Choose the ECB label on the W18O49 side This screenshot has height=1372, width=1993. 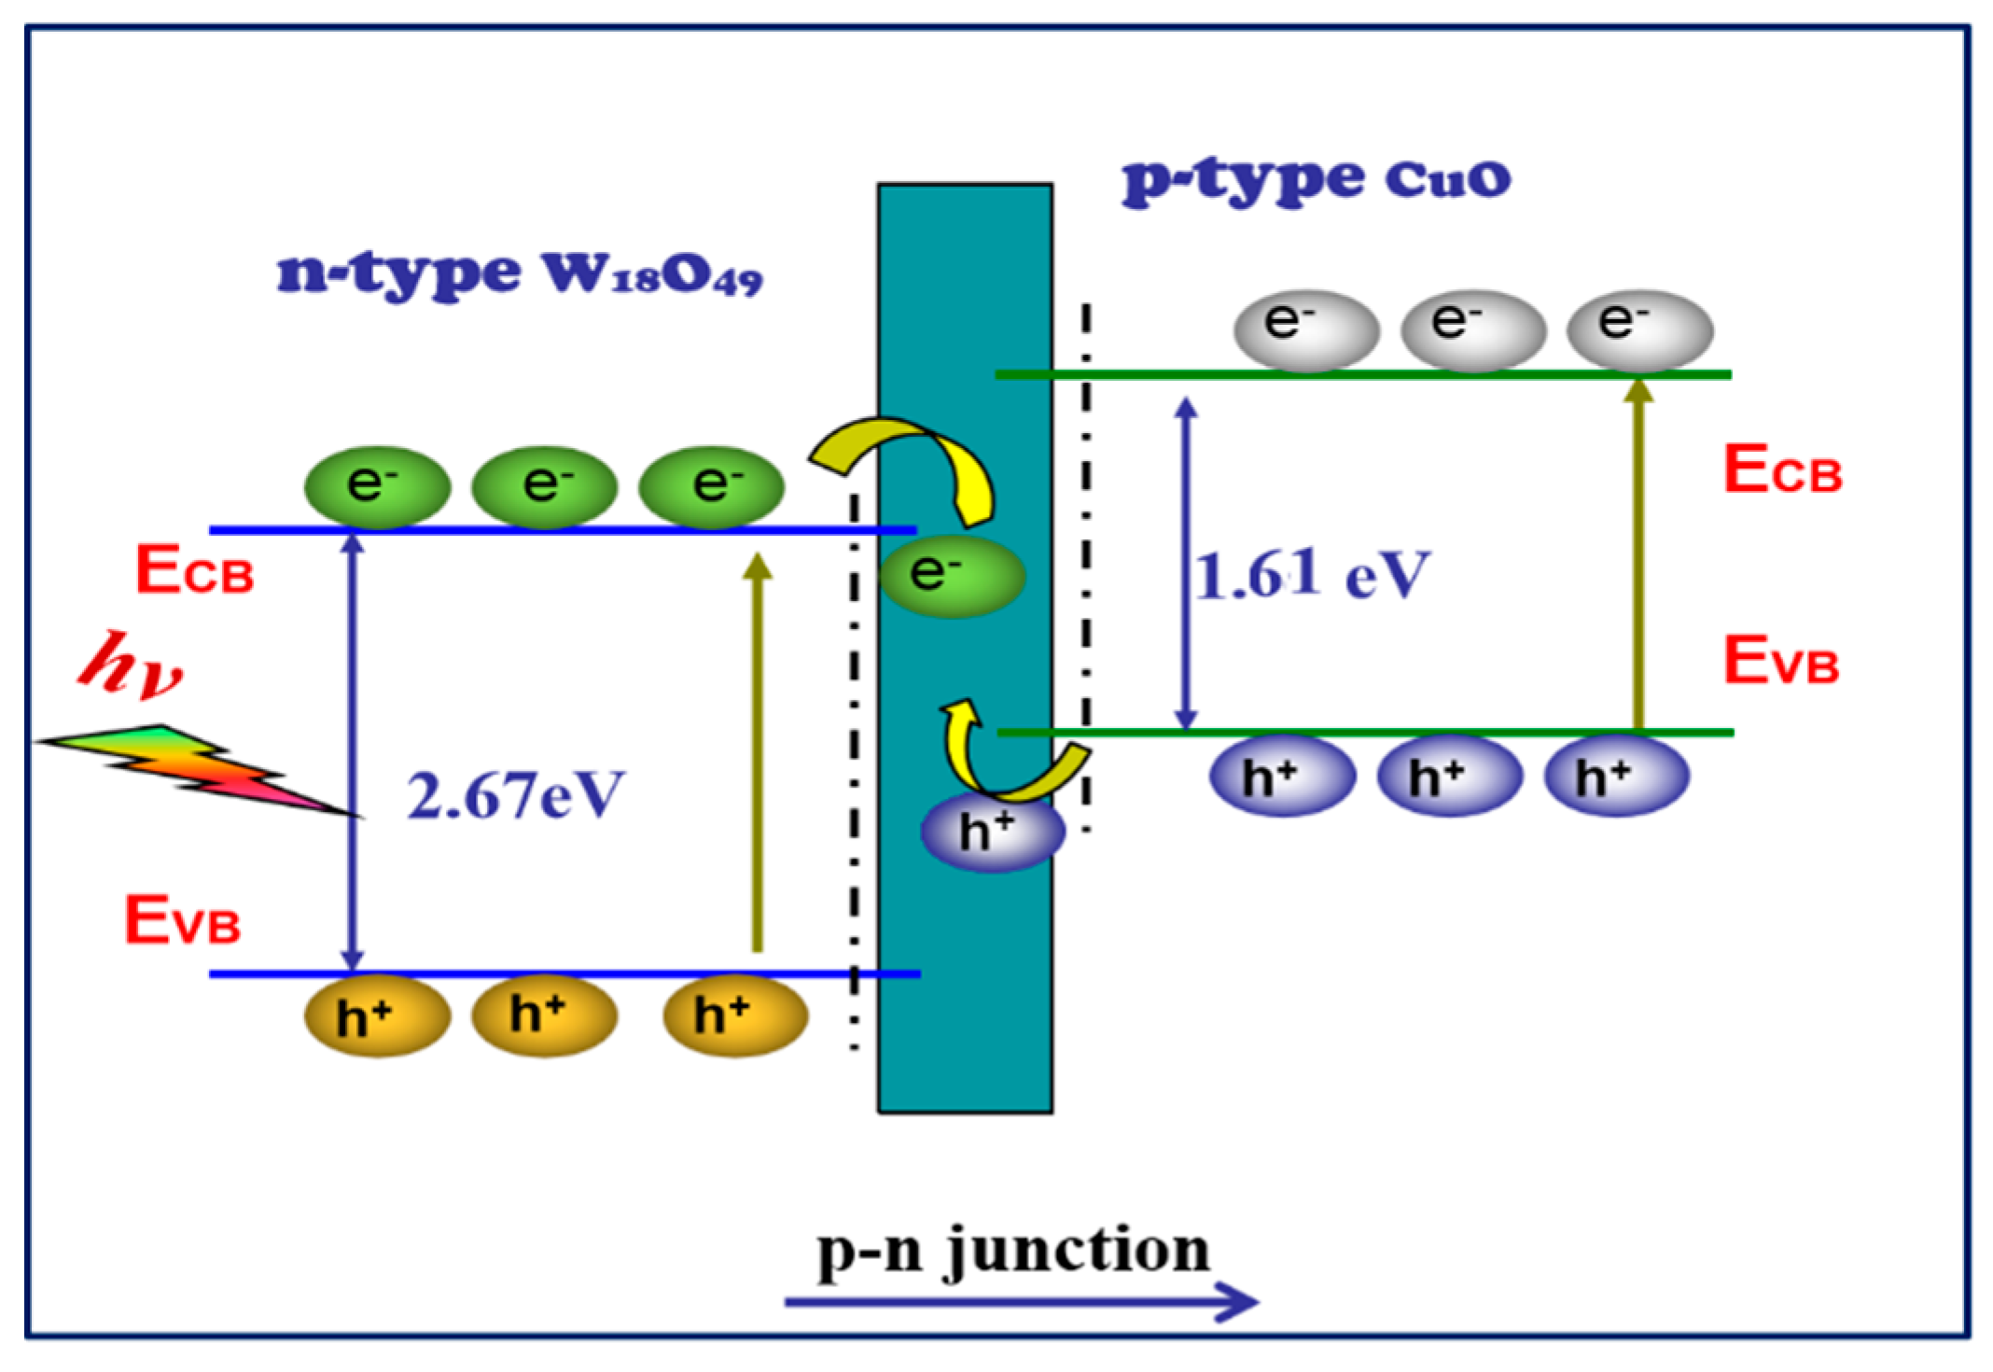(194, 571)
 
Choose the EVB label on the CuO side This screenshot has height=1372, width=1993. (1780, 662)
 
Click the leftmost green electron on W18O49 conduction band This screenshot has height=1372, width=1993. (377, 486)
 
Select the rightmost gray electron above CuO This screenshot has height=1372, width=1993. (1639, 329)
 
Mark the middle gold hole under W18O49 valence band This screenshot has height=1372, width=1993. (543, 1015)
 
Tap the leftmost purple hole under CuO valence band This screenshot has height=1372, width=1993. (1281, 776)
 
